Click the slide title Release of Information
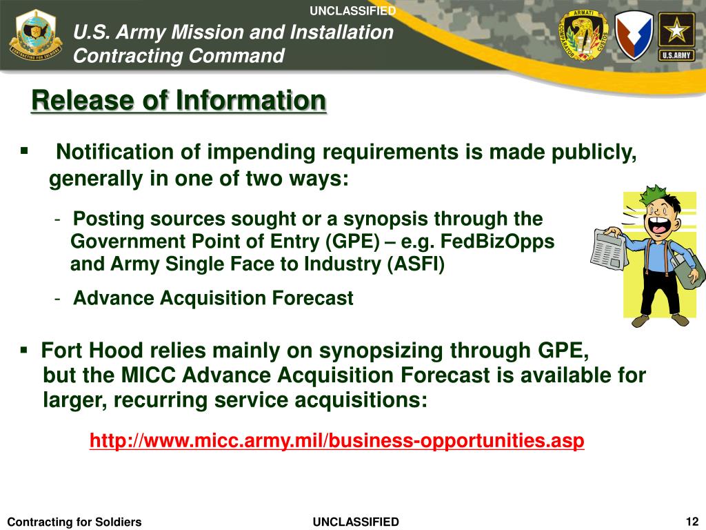(179, 101)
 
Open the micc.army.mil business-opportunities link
(337, 440)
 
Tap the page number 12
(692, 520)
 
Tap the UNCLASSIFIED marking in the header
(352, 10)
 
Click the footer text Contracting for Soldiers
(74, 522)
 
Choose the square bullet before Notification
(24, 150)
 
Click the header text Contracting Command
(179, 55)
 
